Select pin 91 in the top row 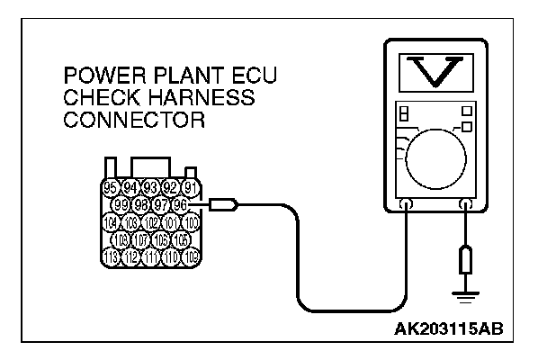(191, 188)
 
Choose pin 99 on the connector (126, 206)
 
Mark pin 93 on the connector (151, 188)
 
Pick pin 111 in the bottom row (151, 258)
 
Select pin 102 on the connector (151, 223)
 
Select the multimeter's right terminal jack (466, 205)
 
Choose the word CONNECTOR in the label (130, 119)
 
